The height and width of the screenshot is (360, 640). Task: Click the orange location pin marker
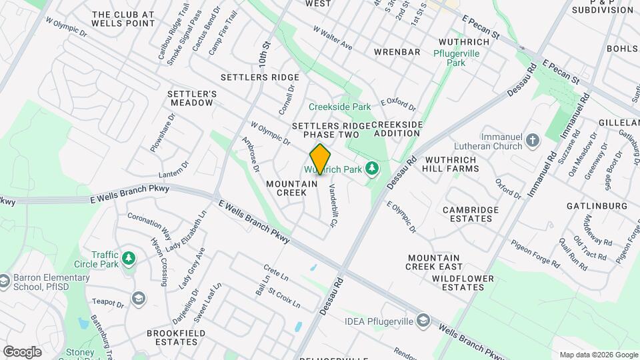321,159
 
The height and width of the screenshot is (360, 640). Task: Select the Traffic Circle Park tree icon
129,257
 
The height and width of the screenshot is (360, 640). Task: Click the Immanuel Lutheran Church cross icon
532,140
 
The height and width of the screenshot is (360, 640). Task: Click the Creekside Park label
339,107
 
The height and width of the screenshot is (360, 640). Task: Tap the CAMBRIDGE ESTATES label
471,214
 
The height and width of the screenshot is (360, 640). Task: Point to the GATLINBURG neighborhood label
597,206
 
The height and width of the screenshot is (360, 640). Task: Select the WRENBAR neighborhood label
397,52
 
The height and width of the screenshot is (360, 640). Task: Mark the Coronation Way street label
149,221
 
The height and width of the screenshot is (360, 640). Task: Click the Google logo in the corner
22,351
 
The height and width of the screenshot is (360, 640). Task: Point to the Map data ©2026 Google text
598,355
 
